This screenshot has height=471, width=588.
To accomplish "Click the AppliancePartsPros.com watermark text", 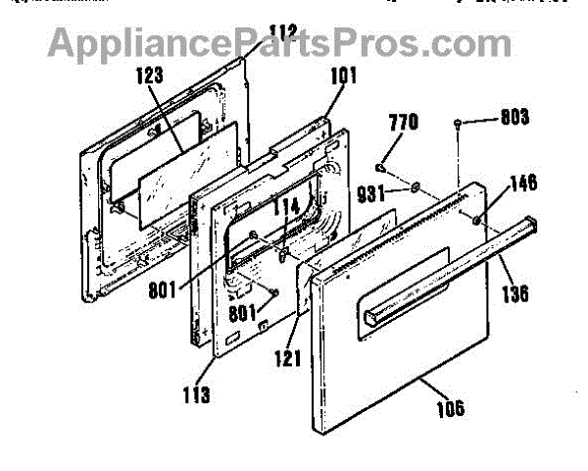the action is point(279,44).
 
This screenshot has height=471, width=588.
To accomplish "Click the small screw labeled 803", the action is point(459,121).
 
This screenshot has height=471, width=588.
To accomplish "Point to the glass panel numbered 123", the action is point(186,182).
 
